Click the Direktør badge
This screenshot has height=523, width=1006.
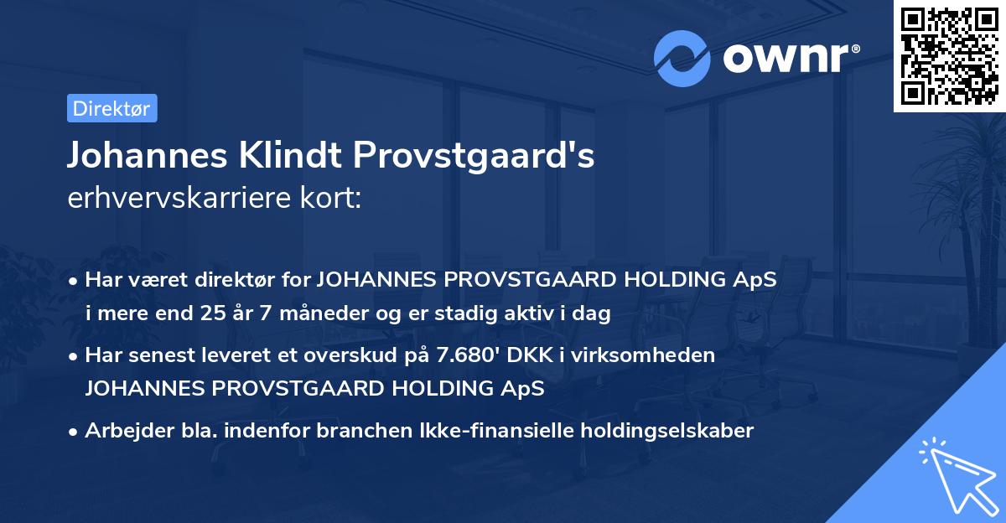coord(111,108)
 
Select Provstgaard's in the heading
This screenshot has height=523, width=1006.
coord(474,157)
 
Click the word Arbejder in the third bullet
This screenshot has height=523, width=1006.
coord(122,431)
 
